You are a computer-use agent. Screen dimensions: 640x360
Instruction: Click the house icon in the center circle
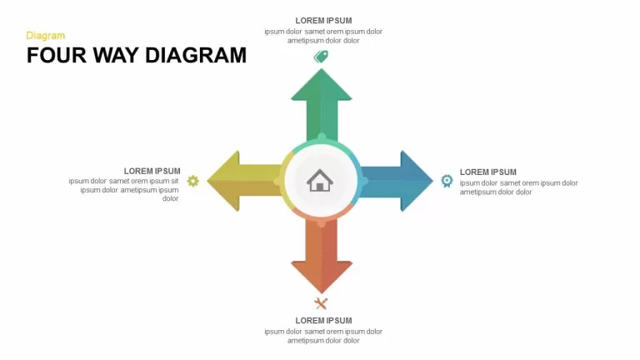320,180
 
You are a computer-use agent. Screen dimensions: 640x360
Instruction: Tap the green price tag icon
321,57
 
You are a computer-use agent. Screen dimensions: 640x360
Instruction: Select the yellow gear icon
193,181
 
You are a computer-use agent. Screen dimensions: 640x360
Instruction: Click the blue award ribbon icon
447,181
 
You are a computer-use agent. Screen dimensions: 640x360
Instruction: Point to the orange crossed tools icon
321,303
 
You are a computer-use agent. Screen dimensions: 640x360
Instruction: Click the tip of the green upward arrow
321,69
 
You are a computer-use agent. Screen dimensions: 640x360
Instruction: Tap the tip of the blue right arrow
432,181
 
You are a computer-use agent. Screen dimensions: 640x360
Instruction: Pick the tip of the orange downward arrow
322,292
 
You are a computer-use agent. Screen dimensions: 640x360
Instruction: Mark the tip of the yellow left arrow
207,181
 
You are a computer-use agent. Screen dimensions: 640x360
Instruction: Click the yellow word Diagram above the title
45,36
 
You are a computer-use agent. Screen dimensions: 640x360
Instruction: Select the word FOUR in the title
57,55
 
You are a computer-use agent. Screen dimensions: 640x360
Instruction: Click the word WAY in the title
116,55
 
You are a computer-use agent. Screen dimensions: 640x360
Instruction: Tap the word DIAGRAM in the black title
196,55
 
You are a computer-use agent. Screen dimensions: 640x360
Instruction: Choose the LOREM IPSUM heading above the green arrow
323,20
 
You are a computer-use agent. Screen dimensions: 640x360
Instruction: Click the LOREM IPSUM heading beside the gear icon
152,171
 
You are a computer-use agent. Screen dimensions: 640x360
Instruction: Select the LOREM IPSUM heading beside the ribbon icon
488,172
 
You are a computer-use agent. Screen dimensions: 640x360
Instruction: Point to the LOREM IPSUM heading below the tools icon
323,321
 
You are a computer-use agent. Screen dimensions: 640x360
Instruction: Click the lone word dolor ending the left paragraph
171,199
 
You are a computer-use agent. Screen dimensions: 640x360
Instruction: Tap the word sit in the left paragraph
174,181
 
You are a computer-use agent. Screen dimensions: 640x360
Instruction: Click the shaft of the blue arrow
381,181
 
